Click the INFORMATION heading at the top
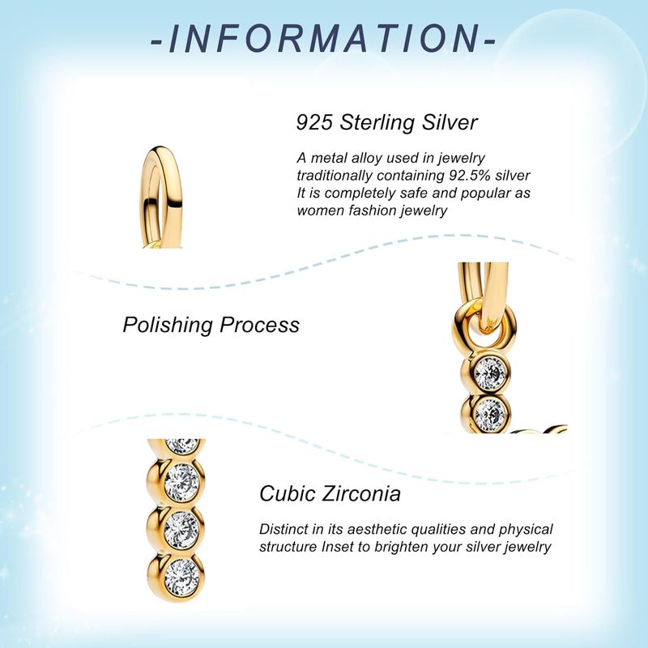tap(323, 39)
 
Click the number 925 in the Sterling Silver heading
tap(314, 122)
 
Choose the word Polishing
tap(168, 325)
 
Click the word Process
tap(259, 325)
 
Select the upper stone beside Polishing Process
tap(490, 373)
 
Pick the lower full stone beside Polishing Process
tap(490, 414)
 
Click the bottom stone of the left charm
tap(181, 578)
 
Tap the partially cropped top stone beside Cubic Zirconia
tap(182, 446)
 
